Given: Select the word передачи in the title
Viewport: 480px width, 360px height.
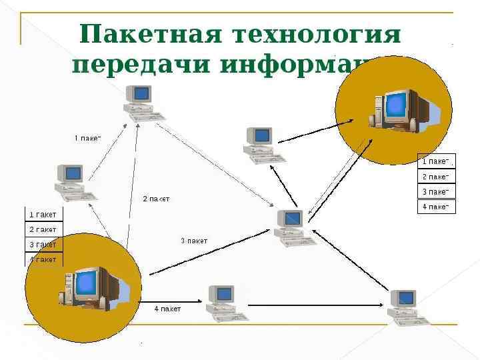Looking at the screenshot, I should point(139,65).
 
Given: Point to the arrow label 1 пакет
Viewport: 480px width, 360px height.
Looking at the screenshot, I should point(87,138).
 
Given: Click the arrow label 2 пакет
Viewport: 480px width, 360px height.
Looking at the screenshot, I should point(157,199).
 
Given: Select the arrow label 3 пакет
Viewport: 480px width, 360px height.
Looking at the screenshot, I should point(195,241).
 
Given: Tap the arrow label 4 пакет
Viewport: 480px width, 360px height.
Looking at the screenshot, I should point(167,309).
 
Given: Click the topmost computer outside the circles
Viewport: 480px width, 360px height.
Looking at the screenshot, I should point(141,103).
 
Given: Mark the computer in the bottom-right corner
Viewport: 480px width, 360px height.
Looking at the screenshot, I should point(405,307).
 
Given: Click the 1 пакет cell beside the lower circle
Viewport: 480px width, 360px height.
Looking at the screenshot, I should point(43,215).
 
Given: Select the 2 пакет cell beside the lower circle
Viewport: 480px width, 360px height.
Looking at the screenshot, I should point(43,229).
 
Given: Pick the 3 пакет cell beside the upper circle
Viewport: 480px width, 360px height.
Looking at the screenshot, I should point(435,191).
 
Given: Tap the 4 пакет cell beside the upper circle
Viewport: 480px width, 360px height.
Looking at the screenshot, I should point(435,207).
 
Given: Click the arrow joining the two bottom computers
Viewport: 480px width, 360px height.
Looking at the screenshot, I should point(317,306).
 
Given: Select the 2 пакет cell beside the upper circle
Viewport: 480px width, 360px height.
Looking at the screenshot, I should point(435,177).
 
